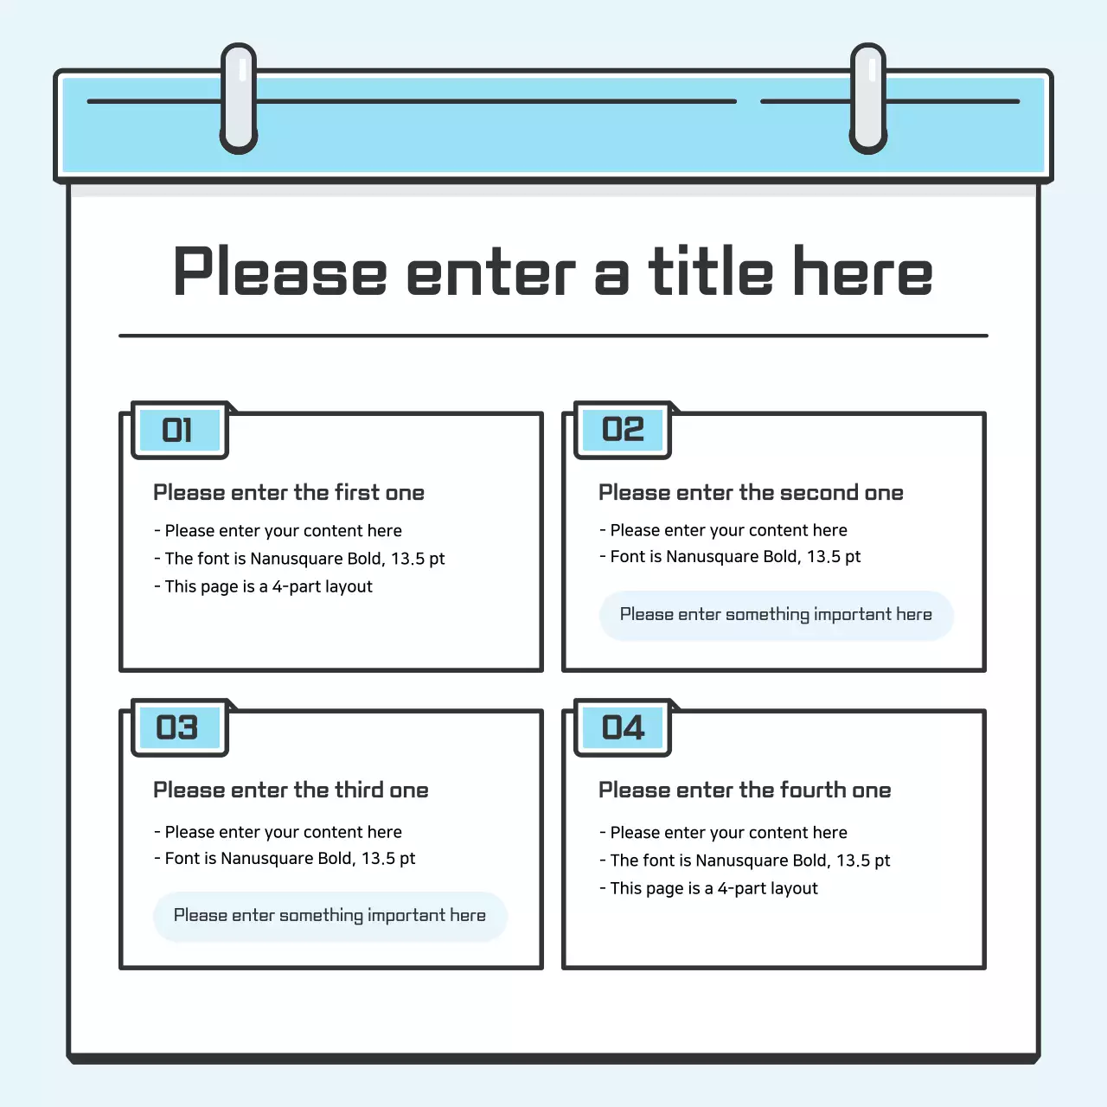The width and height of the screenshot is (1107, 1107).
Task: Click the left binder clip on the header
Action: click(x=239, y=99)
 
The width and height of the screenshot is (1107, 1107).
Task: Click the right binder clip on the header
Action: click(x=868, y=99)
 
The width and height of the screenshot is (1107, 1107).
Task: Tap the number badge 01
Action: click(x=179, y=430)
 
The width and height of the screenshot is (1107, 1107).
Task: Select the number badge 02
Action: click(x=623, y=430)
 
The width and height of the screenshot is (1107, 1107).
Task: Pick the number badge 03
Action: click(x=179, y=727)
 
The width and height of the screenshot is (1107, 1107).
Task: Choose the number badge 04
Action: click(x=623, y=727)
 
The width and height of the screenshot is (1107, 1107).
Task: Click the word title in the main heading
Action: click(x=710, y=272)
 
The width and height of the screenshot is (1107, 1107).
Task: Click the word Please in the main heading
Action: click(x=279, y=272)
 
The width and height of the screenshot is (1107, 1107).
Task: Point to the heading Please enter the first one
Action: click(x=289, y=493)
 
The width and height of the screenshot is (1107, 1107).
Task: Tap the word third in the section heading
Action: click(x=359, y=790)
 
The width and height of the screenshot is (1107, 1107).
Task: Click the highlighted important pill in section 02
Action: click(x=776, y=615)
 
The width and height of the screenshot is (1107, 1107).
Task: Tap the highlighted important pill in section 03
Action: click(x=330, y=916)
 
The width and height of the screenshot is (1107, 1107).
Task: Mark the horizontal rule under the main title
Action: click(x=553, y=336)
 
